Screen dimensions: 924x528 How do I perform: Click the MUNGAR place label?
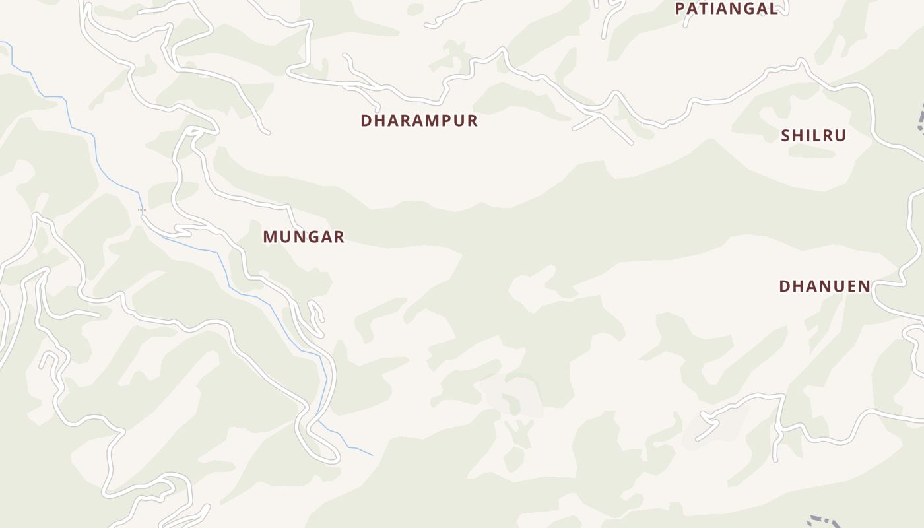click(304, 236)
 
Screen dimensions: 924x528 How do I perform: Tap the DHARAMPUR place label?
click(419, 121)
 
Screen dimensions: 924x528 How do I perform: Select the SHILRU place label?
click(813, 135)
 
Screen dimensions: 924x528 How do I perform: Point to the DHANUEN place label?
click(824, 286)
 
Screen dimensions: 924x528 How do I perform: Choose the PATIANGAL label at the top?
click(726, 9)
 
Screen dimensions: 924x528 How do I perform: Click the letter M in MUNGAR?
click(271, 236)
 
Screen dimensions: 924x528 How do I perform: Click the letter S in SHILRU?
click(787, 135)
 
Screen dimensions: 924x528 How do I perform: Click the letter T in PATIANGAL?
click(704, 9)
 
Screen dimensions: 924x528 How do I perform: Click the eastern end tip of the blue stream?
click(373, 455)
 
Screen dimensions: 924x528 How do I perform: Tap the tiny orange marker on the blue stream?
click(141, 210)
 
